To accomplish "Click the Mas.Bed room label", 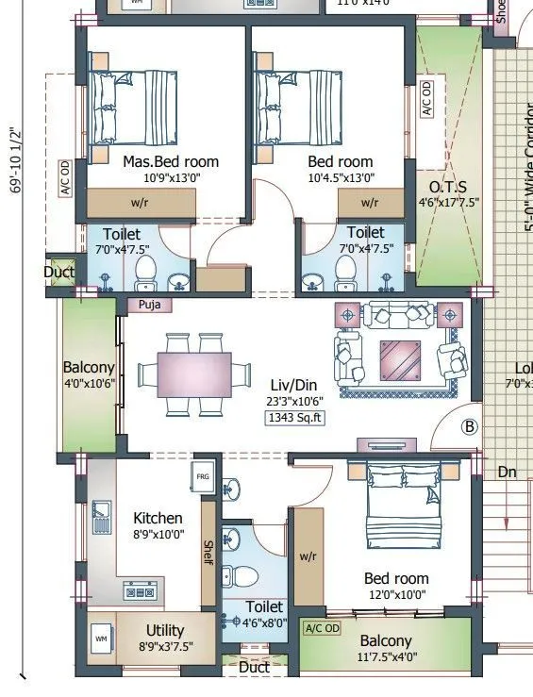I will point(170,161).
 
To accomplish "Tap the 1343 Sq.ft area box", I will point(295,418).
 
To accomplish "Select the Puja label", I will point(148,305).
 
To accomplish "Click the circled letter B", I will point(469,426).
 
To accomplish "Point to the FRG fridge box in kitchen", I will point(203,477).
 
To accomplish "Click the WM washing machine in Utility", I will point(100,639).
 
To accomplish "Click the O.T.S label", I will point(448,186).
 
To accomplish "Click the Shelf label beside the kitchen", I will point(208,553).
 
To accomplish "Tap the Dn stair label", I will point(508,471).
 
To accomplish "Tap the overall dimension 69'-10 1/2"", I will point(13,160).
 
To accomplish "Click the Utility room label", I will point(165,630).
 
